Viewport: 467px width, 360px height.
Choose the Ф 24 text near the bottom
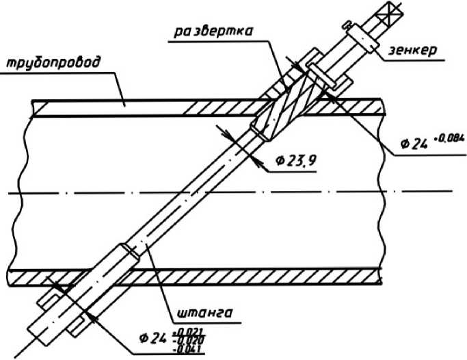[152, 339]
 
